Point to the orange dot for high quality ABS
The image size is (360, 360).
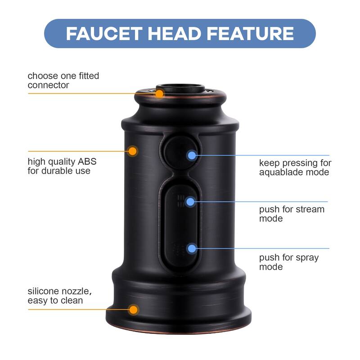click(x=132, y=151)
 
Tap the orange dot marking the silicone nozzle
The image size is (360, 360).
click(x=133, y=310)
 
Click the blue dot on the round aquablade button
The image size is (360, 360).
click(x=192, y=156)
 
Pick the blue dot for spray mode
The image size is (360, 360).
click(x=192, y=248)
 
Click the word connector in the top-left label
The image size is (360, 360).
click(x=49, y=85)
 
